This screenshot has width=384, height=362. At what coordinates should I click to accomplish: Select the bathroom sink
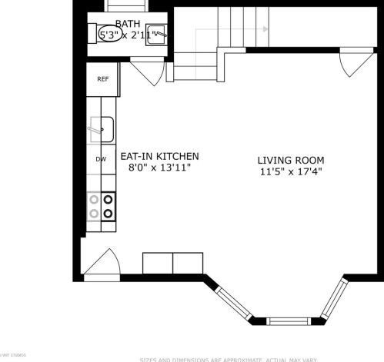pos(158,35)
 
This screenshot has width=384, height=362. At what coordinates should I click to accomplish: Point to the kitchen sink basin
pos(102,128)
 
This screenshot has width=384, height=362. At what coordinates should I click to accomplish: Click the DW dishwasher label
pos(101,159)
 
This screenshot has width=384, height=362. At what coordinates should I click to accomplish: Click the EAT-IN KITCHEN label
pos(159,155)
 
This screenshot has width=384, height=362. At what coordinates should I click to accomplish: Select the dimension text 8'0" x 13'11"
pos(159,167)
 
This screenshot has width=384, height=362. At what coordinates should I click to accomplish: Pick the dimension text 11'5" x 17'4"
pos(290,171)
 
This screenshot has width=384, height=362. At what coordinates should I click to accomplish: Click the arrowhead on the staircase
pos(265,29)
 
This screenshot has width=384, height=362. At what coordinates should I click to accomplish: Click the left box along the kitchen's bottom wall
pos(158,263)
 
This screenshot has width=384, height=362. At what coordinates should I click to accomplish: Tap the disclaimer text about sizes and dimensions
pos(260,359)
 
